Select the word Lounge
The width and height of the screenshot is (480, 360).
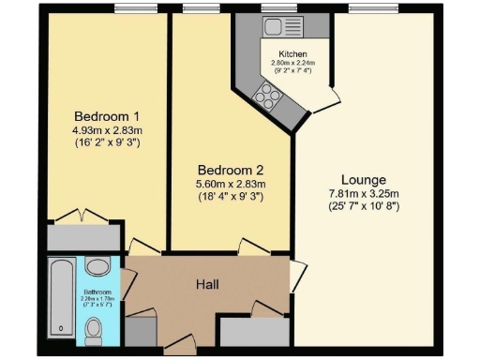364,178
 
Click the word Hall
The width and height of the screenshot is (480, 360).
207,283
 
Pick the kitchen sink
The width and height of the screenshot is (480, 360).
279,27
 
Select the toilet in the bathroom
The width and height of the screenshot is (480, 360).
94,329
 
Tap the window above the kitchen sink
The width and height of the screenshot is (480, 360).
280,9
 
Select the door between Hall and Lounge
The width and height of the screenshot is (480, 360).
298,276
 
